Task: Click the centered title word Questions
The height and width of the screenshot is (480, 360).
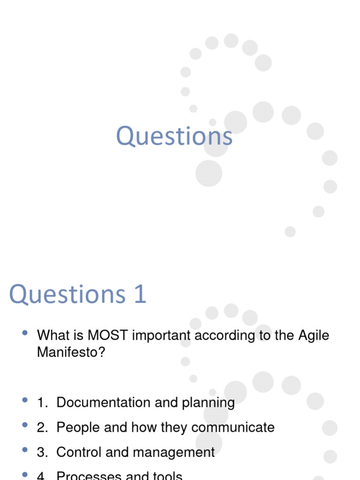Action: pos(174,136)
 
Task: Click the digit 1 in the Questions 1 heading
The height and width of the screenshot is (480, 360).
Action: pos(139,294)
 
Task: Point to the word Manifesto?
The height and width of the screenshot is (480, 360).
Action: pos(72,352)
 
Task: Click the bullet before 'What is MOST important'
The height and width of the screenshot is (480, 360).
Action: pos(25,333)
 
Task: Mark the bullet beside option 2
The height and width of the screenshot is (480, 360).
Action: pos(25,425)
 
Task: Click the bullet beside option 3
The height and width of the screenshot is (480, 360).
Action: pos(25,450)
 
